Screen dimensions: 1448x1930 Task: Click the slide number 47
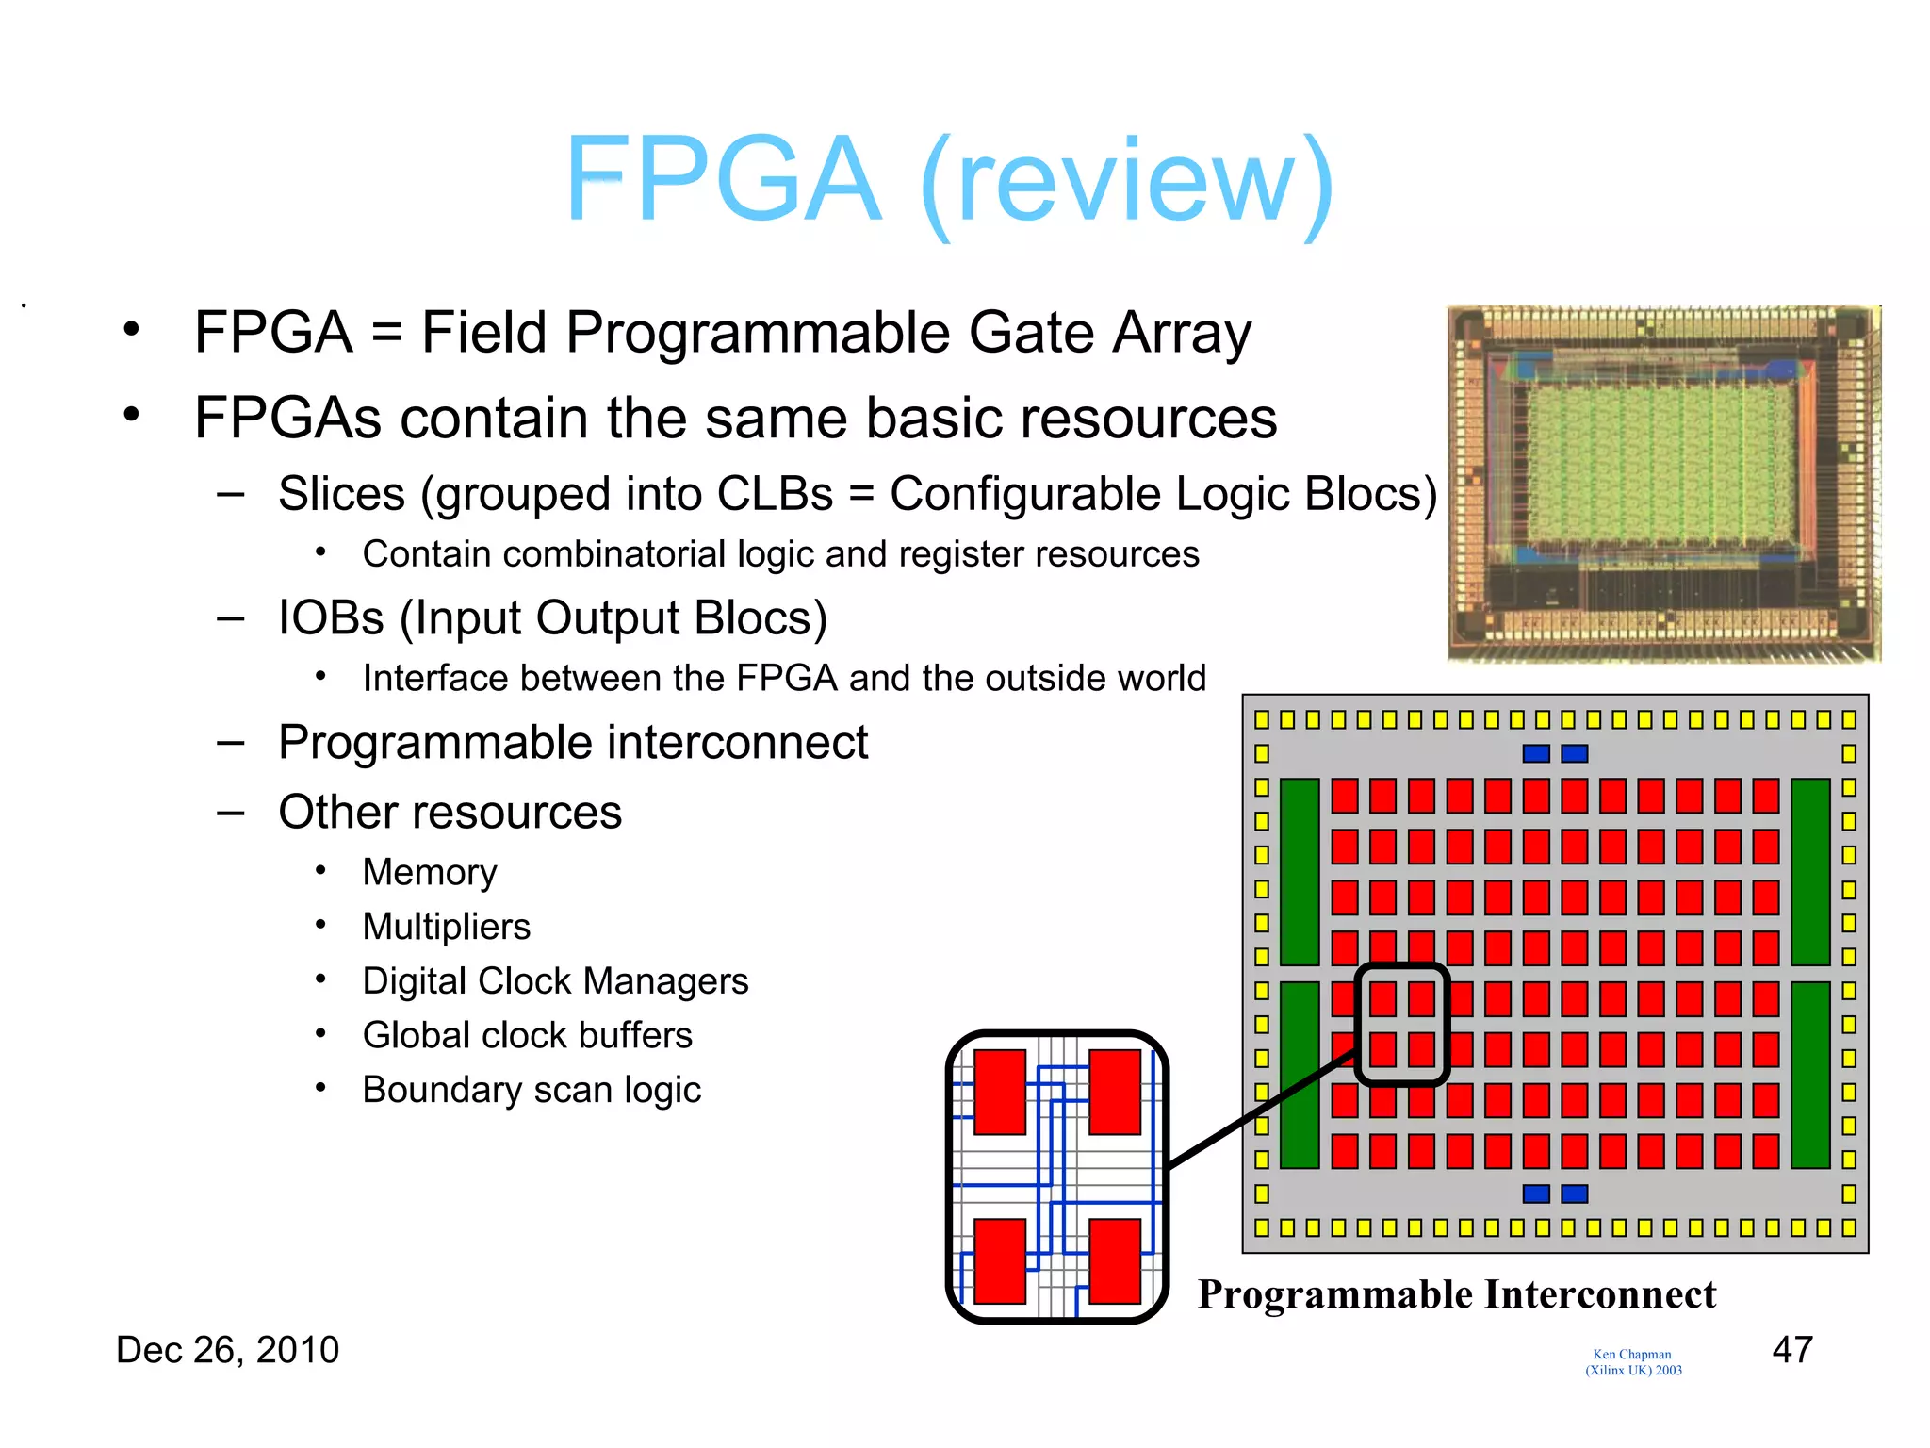point(1791,1349)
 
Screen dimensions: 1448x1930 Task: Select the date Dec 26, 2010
point(227,1350)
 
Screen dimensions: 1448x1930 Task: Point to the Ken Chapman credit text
point(1632,1361)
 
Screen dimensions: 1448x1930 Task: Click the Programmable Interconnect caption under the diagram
point(1456,1294)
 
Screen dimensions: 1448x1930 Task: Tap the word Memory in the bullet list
point(430,872)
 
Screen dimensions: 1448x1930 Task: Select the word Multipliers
point(447,927)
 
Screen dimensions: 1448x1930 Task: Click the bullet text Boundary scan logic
point(532,1090)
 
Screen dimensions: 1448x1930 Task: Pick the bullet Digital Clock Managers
point(555,981)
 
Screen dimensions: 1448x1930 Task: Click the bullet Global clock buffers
point(528,1035)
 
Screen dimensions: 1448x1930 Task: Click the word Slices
point(341,494)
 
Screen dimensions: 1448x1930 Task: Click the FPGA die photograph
point(1663,483)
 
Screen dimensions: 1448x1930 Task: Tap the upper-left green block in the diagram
point(1300,871)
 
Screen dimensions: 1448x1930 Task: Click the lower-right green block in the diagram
point(1809,1075)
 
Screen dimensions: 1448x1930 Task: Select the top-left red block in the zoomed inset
point(1000,1092)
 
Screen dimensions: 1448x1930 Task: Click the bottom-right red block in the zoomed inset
point(1115,1260)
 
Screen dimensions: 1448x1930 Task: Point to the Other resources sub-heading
point(450,812)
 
